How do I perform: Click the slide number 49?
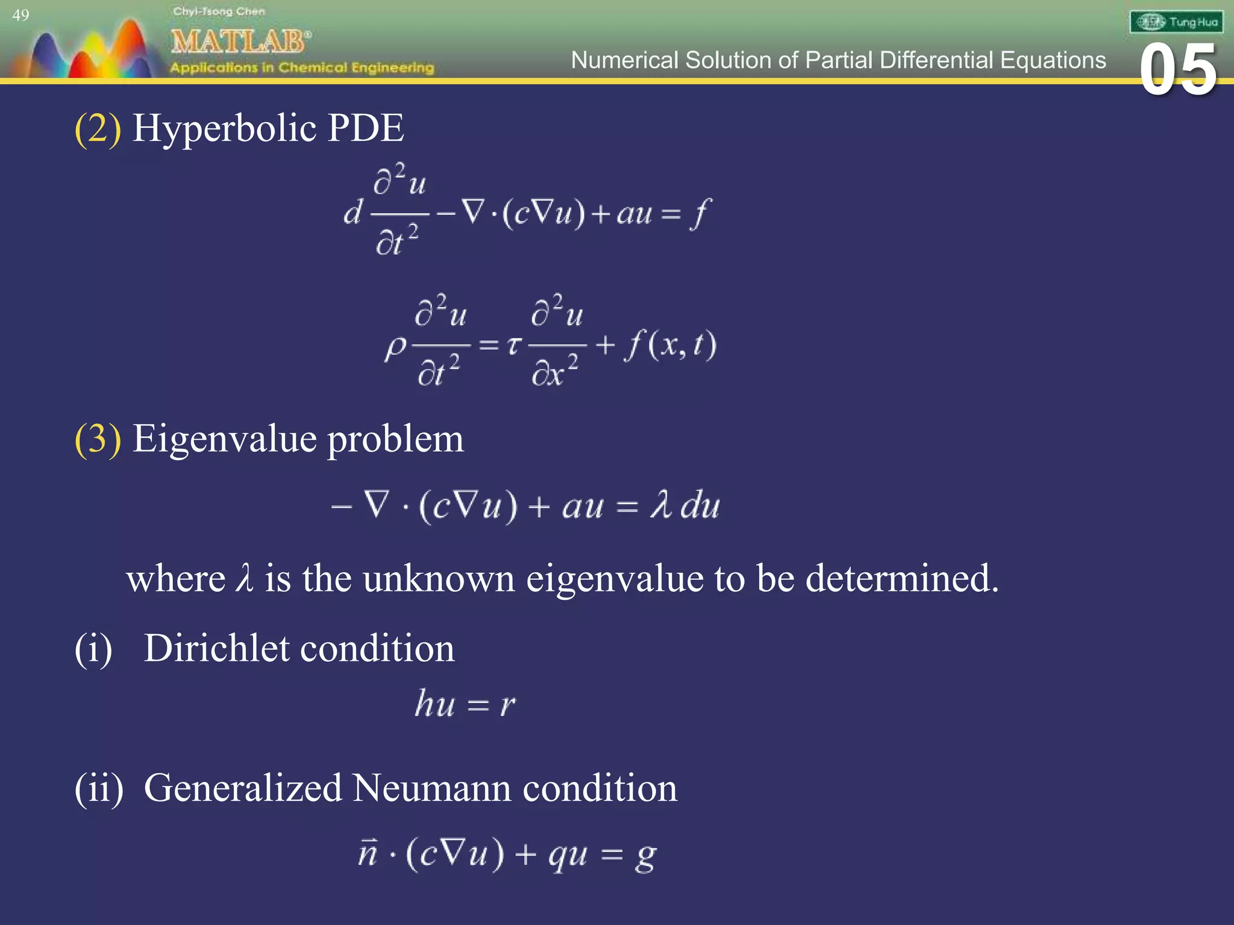[x=20, y=15]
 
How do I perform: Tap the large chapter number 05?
[x=1178, y=70]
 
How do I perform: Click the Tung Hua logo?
[x=1176, y=22]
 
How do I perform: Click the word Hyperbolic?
[x=224, y=128]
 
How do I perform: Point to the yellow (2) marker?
[x=98, y=128]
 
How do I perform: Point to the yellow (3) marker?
[x=98, y=438]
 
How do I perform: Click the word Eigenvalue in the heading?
[x=224, y=438]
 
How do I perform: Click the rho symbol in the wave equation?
[x=396, y=347]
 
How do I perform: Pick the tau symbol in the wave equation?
[x=513, y=345]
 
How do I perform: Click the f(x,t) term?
[x=670, y=345]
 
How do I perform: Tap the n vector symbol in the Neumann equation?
[x=368, y=852]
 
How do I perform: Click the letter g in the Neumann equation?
[x=645, y=856]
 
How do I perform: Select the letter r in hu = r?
[x=507, y=704]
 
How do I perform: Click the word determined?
[x=901, y=579]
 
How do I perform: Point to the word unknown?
[x=439, y=579]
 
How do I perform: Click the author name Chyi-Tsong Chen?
[x=219, y=11]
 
